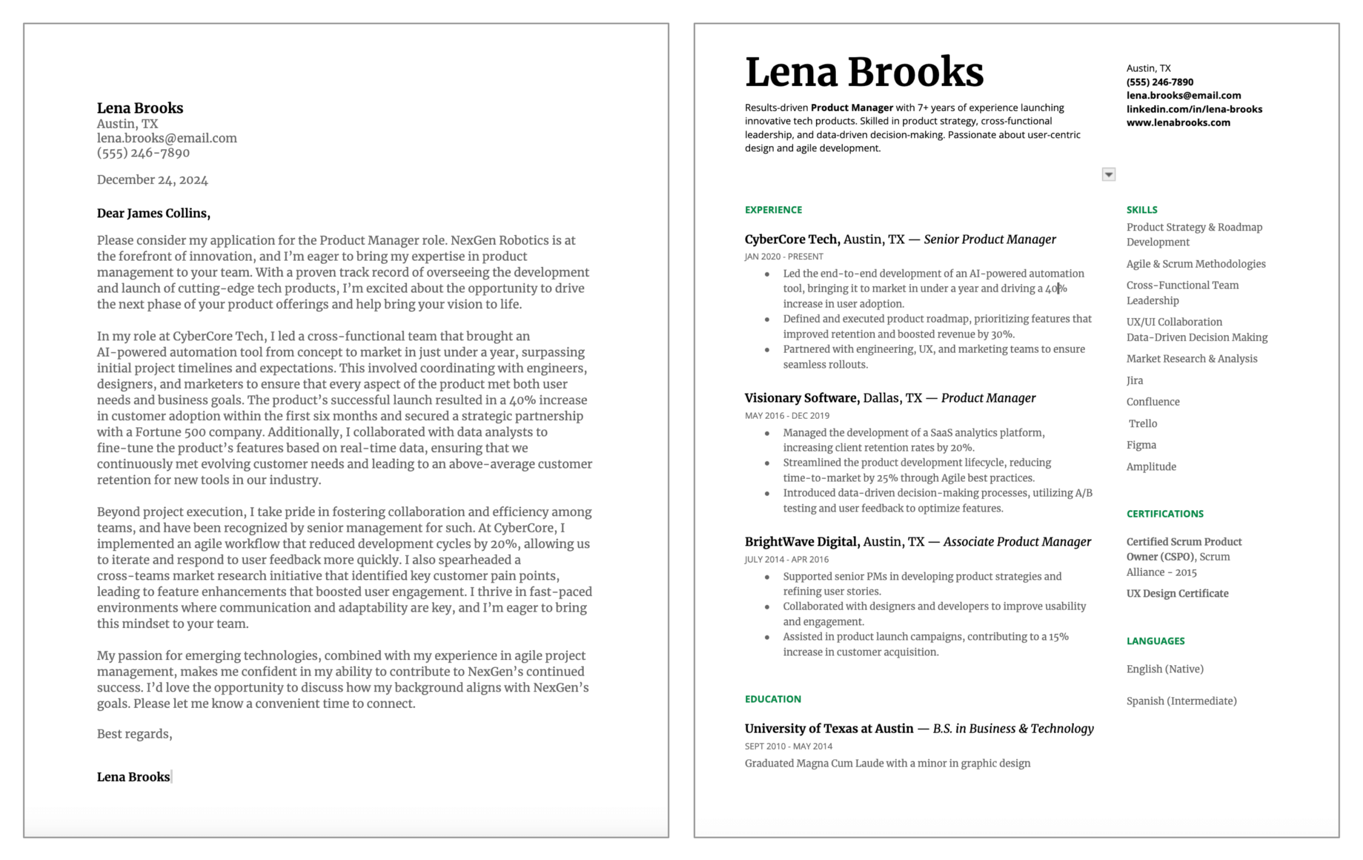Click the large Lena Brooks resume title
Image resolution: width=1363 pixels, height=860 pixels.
point(864,72)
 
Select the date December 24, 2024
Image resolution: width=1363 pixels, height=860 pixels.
point(152,180)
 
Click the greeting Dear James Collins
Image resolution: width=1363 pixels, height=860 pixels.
point(153,213)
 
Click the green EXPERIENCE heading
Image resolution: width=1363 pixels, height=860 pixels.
point(773,210)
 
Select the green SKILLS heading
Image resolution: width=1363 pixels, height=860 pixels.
point(1141,210)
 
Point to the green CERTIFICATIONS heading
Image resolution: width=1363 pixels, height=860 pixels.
point(1164,514)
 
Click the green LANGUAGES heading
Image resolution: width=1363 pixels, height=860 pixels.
point(1155,641)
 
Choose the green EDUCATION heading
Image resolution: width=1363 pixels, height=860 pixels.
point(773,699)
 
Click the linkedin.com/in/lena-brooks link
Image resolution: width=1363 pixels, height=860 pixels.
point(1194,109)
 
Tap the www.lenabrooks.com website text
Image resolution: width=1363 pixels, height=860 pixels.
point(1177,123)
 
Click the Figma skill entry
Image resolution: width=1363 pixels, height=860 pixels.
point(1140,445)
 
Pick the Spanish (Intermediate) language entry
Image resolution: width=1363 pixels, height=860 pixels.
point(1181,701)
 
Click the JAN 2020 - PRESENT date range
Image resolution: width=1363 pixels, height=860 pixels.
point(783,257)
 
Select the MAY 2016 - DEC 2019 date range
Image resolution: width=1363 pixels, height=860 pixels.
point(787,416)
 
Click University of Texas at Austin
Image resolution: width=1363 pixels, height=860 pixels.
point(828,729)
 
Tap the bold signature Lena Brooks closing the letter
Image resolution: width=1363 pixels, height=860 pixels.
point(133,777)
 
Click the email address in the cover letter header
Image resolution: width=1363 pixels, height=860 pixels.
point(167,138)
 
